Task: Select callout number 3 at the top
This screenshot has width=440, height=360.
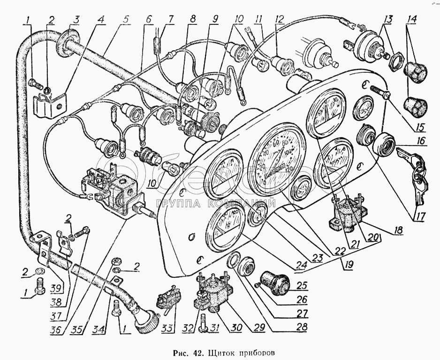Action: coord(76,20)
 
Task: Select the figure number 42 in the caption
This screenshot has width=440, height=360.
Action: coord(193,352)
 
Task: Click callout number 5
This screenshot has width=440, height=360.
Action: coord(126,20)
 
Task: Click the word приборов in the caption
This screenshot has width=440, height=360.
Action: coord(257,352)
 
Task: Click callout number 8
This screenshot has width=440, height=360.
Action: coord(193,20)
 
